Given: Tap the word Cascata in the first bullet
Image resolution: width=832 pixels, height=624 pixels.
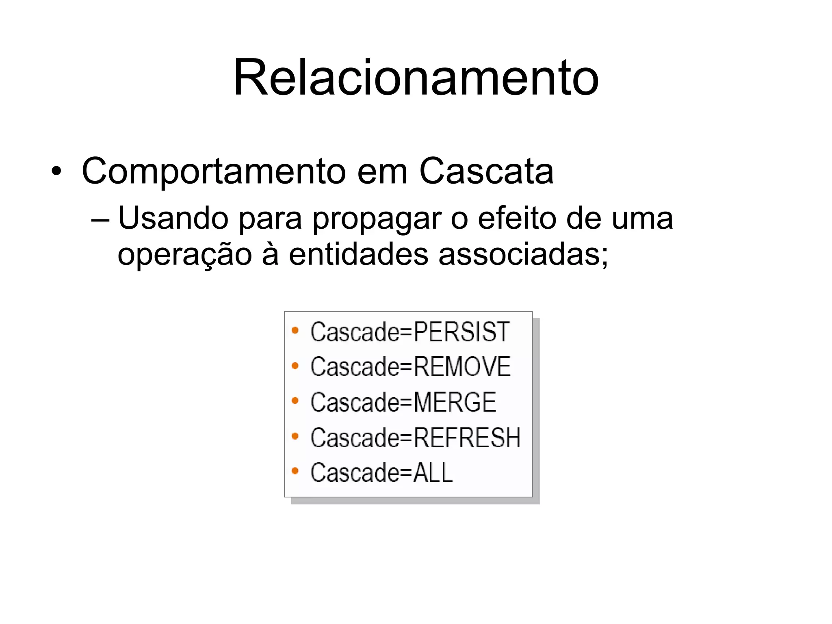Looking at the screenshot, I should pyautogui.click(x=486, y=171).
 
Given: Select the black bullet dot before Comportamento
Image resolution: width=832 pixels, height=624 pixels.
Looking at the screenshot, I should pyautogui.click(x=56, y=171).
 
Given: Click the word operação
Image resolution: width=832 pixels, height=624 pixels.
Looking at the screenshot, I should pyautogui.click(x=185, y=255).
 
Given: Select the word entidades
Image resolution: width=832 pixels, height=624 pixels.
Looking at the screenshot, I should pyautogui.click(x=359, y=254).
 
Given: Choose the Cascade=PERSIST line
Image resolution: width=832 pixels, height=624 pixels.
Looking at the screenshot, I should pyautogui.click(x=409, y=331).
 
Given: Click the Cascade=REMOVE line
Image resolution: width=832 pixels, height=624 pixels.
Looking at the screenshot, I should pyautogui.click(x=410, y=366).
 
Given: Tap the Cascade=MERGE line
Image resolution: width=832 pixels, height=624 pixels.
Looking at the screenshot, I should pyautogui.click(x=403, y=402).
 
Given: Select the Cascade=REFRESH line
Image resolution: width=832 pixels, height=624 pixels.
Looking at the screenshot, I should pyautogui.click(x=415, y=438).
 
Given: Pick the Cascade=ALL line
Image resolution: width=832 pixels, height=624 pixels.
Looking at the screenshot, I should pyautogui.click(x=381, y=472).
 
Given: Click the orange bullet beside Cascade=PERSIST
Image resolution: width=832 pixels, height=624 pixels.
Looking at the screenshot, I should pyautogui.click(x=295, y=331).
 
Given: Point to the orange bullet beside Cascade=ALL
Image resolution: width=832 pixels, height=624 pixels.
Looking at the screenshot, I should pyautogui.click(x=295, y=471).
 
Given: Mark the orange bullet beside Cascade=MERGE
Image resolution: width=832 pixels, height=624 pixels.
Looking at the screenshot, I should pyautogui.click(x=295, y=401).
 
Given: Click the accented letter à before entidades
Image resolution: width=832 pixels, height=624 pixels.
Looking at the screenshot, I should pyautogui.click(x=270, y=254).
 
